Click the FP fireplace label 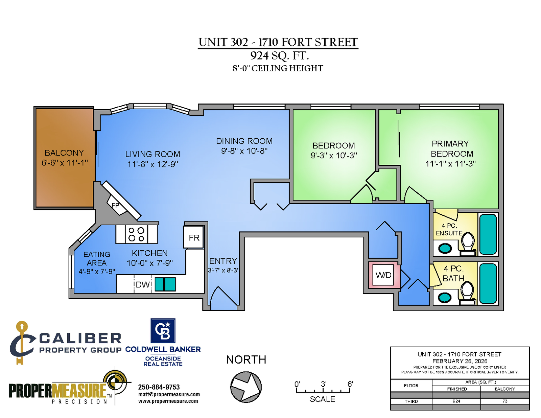115,205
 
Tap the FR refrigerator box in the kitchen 193,237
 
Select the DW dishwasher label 143,284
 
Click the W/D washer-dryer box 383,275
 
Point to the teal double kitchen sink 165,284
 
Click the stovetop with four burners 136,234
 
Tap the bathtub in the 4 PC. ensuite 488,234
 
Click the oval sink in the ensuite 445,249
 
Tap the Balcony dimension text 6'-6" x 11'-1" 65,163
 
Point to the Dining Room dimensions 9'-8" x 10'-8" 244,151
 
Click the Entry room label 223,261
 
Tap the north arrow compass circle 246,387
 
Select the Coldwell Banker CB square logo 163,331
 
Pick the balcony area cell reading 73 505,401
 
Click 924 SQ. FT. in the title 279,55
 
